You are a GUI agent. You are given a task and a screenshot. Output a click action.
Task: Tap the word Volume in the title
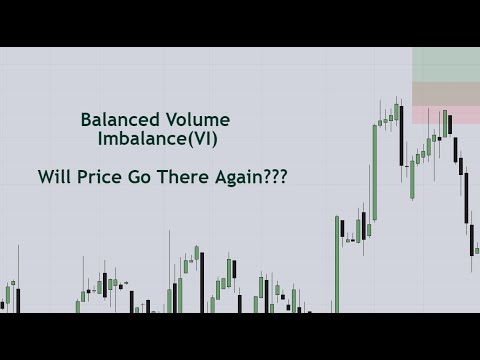[195, 120]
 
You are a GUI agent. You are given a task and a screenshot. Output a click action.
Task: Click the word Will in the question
[55, 177]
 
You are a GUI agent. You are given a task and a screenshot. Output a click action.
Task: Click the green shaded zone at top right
[446, 64]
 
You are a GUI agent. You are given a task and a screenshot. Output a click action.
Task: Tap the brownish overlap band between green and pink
[446, 94]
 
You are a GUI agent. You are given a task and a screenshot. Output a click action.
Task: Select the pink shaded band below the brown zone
[446, 115]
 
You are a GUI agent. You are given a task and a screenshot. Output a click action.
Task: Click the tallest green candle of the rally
[375, 170]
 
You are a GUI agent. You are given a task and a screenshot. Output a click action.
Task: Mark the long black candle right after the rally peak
[401, 140]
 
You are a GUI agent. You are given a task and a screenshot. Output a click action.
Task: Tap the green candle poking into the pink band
[436, 130]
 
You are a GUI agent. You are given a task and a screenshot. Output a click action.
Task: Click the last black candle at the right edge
[473, 240]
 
